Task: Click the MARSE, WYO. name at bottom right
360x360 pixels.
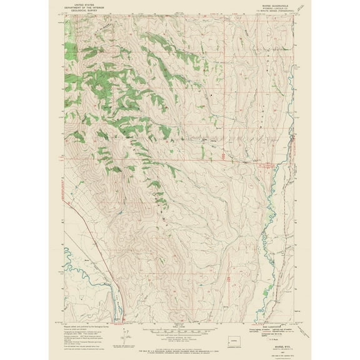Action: tap(276, 349)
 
